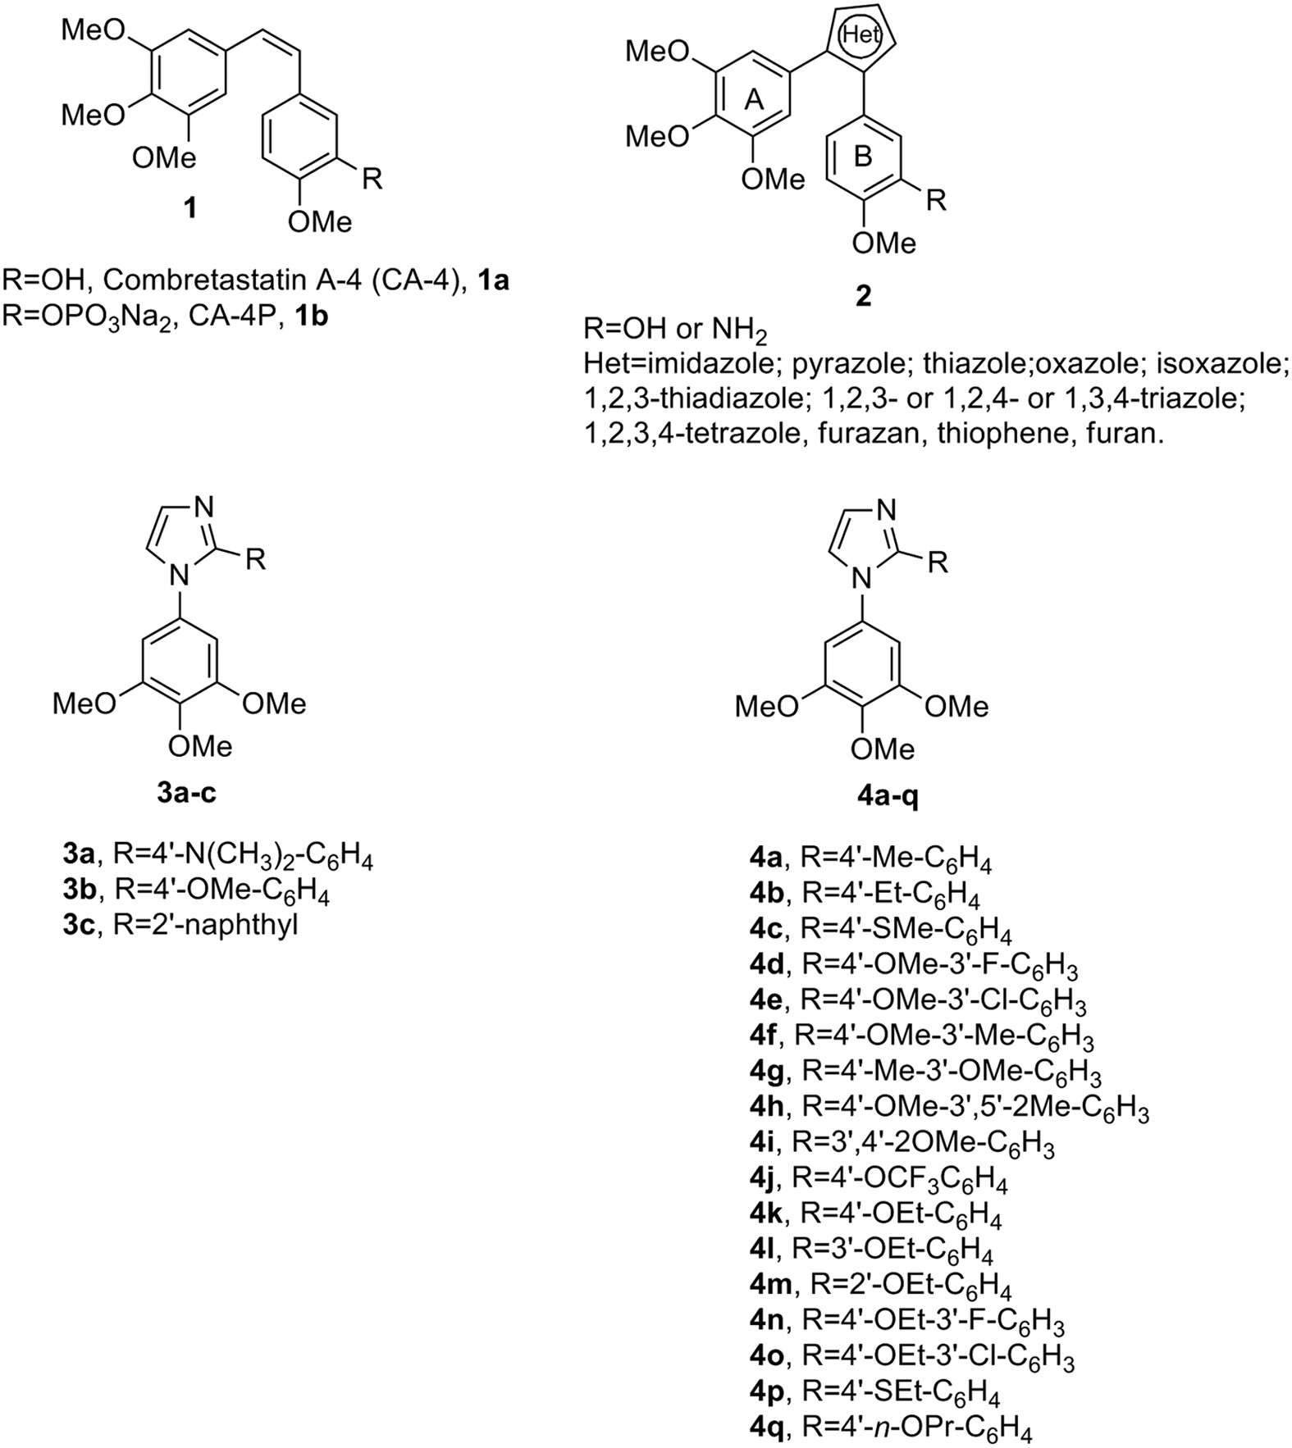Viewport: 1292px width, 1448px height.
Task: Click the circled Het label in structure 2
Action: pyautogui.click(x=860, y=36)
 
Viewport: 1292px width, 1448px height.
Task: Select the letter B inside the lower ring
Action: pyautogui.click(x=862, y=156)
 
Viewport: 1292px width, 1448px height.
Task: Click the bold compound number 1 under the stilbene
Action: pyautogui.click(x=189, y=207)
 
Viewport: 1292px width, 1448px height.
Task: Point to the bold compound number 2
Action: pyautogui.click(x=863, y=295)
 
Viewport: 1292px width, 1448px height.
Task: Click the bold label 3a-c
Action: pyautogui.click(x=186, y=793)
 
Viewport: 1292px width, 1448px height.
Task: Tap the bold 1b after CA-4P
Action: pyautogui.click(x=313, y=316)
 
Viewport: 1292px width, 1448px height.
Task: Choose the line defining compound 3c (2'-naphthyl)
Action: pyautogui.click(x=180, y=926)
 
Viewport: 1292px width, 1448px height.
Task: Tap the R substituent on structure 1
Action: pyautogui.click(x=372, y=179)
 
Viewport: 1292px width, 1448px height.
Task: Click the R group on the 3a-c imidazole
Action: pyautogui.click(x=256, y=560)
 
